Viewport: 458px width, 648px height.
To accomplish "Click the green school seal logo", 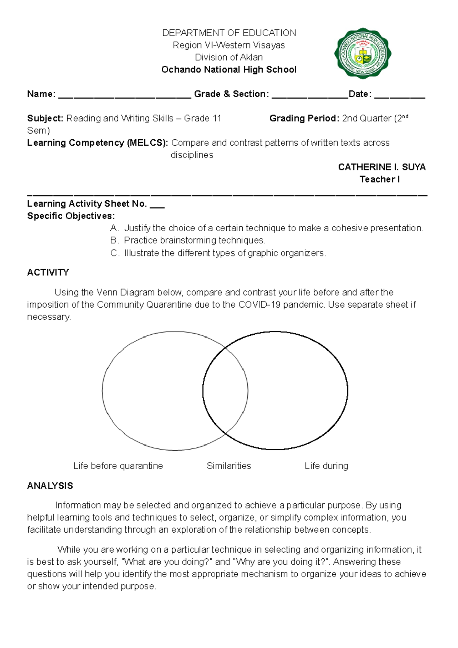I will (x=363, y=53).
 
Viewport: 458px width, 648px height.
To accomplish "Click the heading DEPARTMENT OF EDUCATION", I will (x=229, y=33).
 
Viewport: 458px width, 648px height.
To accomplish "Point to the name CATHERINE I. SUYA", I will (x=382, y=167).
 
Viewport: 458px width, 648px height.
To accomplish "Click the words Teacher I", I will (x=379, y=179).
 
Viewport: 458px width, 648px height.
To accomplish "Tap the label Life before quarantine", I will (x=118, y=466).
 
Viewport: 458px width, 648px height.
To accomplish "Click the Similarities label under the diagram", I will (x=229, y=466).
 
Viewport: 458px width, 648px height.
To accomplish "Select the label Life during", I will (x=326, y=466).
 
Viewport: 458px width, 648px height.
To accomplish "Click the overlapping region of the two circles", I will (x=225, y=391).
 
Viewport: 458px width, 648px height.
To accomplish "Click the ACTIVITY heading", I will (x=48, y=272).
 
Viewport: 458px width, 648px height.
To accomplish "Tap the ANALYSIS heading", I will (x=50, y=486).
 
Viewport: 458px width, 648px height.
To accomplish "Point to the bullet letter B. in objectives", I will (x=114, y=240).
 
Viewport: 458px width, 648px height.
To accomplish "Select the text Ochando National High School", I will (x=229, y=69).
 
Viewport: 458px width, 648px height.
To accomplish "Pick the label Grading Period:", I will (x=304, y=118).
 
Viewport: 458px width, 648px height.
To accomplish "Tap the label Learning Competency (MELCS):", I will (x=97, y=143).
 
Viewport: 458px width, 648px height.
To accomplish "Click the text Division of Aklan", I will (x=229, y=57).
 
